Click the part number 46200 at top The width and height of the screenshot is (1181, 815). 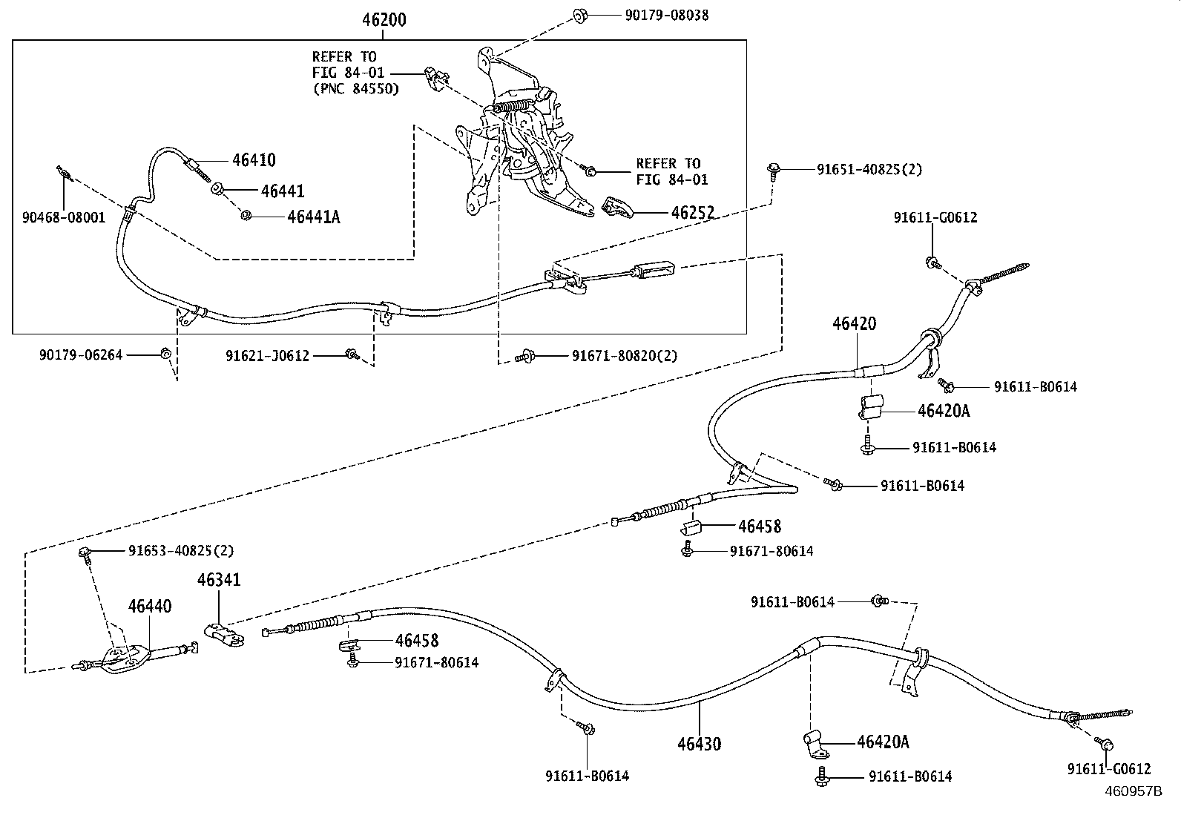384,20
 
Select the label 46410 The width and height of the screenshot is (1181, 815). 254,160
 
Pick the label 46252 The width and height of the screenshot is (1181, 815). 692,214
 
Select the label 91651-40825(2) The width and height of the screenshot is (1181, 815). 869,169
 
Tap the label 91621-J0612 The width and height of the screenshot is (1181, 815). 267,356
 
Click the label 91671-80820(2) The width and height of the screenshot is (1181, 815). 624,356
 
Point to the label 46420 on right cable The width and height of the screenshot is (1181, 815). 854,324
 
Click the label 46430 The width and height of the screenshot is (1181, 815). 698,743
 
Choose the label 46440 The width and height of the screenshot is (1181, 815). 149,607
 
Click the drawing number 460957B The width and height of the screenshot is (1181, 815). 1134,791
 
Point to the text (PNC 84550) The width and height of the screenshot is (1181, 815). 355,89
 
